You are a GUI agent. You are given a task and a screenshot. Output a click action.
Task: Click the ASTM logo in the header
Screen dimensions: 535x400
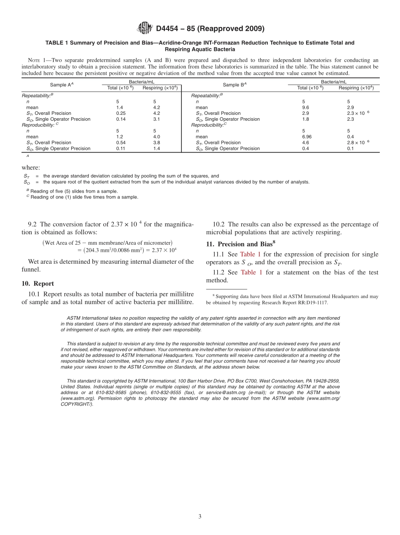click(145, 29)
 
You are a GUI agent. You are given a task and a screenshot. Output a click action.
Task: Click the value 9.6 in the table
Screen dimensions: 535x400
click(306, 107)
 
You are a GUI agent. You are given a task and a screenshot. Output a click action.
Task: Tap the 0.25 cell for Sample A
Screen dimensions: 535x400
click(121, 113)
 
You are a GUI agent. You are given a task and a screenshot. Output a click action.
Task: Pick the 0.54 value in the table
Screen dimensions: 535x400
click(121, 143)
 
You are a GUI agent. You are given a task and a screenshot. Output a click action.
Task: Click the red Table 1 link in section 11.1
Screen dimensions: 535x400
click(250, 254)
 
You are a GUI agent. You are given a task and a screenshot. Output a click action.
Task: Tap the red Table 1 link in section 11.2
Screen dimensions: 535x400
click(251, 273)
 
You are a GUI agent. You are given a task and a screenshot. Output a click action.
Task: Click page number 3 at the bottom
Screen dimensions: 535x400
click(200, 517)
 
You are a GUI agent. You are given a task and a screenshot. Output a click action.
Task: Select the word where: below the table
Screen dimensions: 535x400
click(31, 167)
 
